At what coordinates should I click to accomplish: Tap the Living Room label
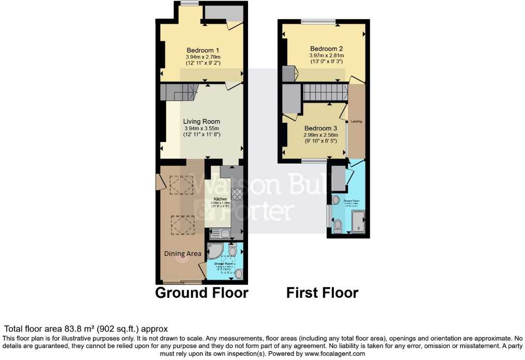click(201, 122)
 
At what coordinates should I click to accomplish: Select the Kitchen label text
click(221, 198)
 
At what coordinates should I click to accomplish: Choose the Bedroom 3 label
click(320, 128)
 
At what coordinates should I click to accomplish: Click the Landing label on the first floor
click(356, 121)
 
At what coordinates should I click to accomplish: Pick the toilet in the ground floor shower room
click(232, 250)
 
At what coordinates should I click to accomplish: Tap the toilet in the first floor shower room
click(338, 225)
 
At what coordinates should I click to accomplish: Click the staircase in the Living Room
click(179, 93)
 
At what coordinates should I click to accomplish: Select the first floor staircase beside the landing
click(324, 93)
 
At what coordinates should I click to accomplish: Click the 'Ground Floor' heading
click(202, 293)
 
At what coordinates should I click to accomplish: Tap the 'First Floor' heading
click(322, 293)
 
